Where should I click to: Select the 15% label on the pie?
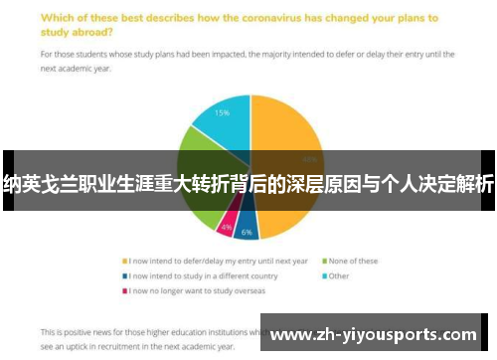(x=224, y=113)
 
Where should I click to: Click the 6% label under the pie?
(x=246, y=232)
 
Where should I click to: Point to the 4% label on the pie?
(x=227, y=228)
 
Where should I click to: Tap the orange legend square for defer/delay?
(x=123, y=262)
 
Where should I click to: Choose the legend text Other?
(x=339, y=275)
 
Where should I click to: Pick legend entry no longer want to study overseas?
(x=190, y=291)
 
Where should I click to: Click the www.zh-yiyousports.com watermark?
(x=377, y=333)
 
